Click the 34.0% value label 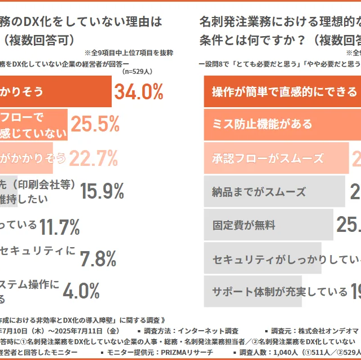click(x=139, y=91)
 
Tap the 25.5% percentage click(x=95, y=124)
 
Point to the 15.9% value click(x=102, y=191)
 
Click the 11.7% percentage click(x=59, y=226)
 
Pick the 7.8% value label click(x=98, y=258)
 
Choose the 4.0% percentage click(x=81, y=291)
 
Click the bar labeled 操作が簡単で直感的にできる click(x=282, y=92)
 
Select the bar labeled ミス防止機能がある click(x=282, y=124)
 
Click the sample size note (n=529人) click(x=137, y=72)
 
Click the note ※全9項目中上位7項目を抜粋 click(x=129, y=52)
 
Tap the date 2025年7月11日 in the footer click(x=90, y=331)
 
